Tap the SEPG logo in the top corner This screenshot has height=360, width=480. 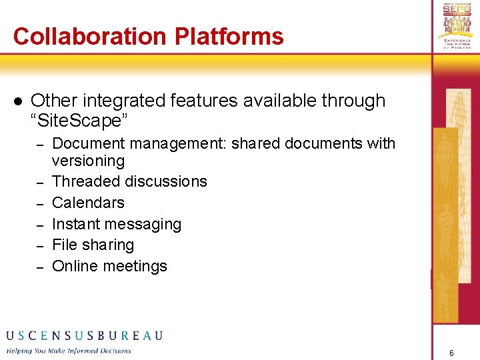[x=457, y=25]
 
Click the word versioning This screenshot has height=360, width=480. [x=88, y=161]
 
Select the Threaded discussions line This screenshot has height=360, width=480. [x=129, y=181]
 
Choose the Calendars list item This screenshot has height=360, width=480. [x=88, y=203]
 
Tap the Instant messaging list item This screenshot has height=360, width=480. [x=116, y=224]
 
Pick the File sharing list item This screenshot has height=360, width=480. [x=93, y=245]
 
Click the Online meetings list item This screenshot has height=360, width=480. [x=109, y=266]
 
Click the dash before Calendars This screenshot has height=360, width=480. [x=39, y=203]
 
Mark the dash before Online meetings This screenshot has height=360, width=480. [x=39, y=267]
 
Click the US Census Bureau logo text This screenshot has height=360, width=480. [x=84, y=335]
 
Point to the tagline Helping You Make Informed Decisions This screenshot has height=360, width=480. [x=69, y=351]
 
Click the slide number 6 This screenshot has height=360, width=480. [x=451, y=353]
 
